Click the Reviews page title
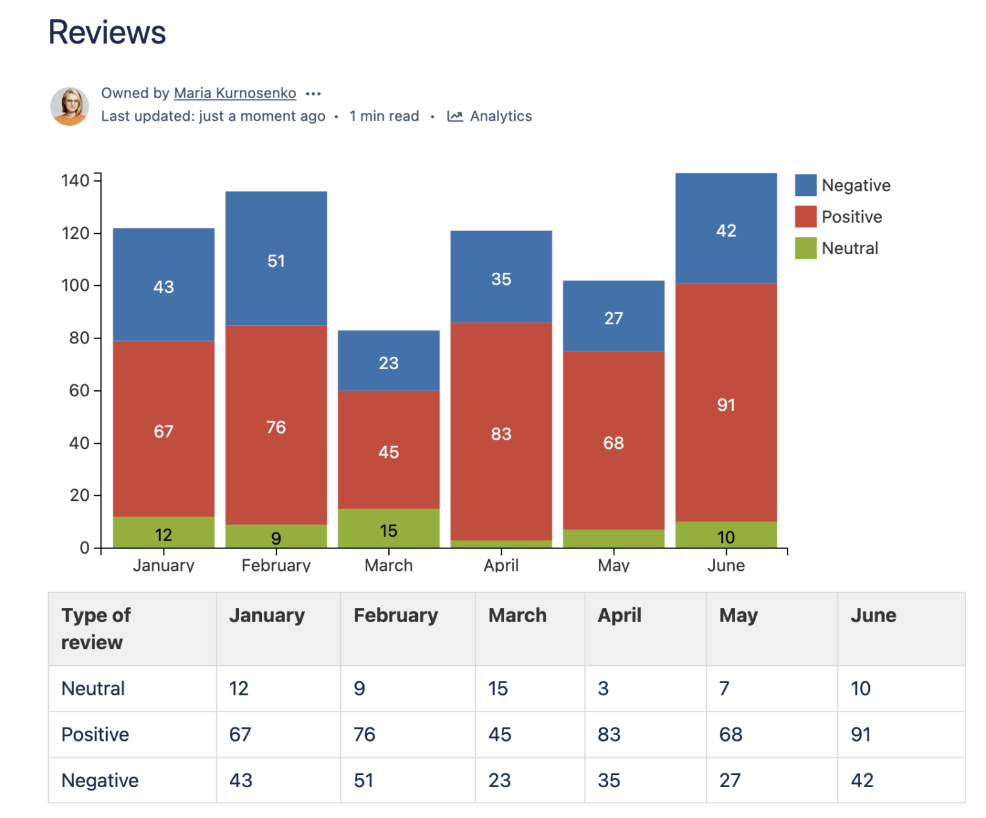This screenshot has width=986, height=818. pyautogui.click(x=107, y=33)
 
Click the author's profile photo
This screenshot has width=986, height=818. pyautogui.click(x=69, y=106)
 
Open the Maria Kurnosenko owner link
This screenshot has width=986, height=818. pyautogui.click(x=235, y=93)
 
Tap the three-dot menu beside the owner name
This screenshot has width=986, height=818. pyautogui.click(x=313, y=94)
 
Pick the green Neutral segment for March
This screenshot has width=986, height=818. pyautogui.click(x=388, y=528)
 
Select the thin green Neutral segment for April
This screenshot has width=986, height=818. pyautogui.click(x=501, y=544)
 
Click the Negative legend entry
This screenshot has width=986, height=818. pyautogui.click(x=843, y=186)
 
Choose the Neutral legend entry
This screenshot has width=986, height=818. pyautogui.click(x=837, y=248)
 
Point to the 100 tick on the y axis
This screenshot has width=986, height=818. pyautogui.click(x=76, y=285)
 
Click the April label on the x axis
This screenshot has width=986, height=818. pyautogui.click(x=501, y=565)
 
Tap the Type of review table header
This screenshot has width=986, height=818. pyautogui.click(x=96, y=629)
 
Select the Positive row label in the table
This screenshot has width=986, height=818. pyautogui.click(x=95, y=735)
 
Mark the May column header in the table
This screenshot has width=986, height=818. pyautogui.click(x=738, y=616)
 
